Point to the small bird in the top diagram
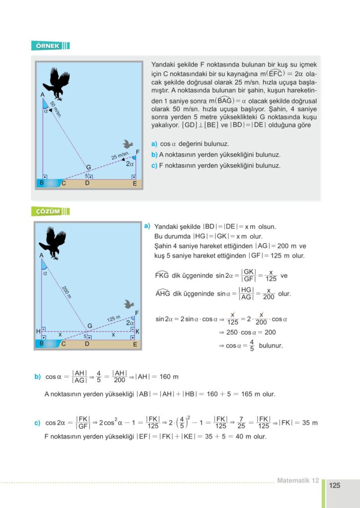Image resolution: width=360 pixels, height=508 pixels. (128, 144)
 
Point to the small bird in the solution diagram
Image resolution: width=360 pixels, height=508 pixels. (130, 304)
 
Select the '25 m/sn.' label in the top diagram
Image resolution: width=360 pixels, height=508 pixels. (120, 157)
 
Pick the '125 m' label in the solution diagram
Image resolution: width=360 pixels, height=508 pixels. (114, 318)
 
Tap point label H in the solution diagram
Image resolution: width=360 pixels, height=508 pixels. (38, 331)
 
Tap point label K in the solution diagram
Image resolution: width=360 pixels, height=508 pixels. (137, 331)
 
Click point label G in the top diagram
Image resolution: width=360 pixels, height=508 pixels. (89, 167)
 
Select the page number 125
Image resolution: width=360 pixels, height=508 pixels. (335, 486)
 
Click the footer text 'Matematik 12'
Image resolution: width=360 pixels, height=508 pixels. (297, 480)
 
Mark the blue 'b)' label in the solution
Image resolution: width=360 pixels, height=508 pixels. (37, 377)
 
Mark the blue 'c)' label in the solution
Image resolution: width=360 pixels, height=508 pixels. (37, 423)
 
